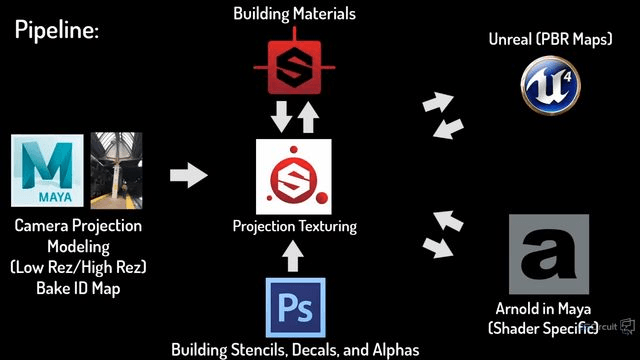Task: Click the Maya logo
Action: coord(47,171)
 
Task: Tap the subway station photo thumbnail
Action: coord(116,171)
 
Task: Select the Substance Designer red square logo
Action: coord(294,65)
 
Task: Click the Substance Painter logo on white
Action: coord(293,177)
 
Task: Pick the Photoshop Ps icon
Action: coord(296,308)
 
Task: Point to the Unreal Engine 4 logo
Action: coord(551,85)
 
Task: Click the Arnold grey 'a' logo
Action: coord(549,254)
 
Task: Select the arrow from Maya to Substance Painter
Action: coord(189,175)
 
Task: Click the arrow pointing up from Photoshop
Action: coord(293,256)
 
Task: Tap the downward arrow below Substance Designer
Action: coord(282,117)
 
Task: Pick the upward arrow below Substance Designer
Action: coord(308,117)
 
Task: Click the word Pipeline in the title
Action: coord(57,30)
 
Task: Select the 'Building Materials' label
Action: coord(294,13)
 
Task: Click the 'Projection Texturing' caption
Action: coord(294,226)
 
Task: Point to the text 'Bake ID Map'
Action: coord(78,288)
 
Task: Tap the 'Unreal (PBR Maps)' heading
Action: coord(551,39)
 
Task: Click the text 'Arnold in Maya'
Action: coord(543,309)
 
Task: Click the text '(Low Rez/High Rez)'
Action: coord(78,267)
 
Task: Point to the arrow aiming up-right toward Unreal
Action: coord(438,102)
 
